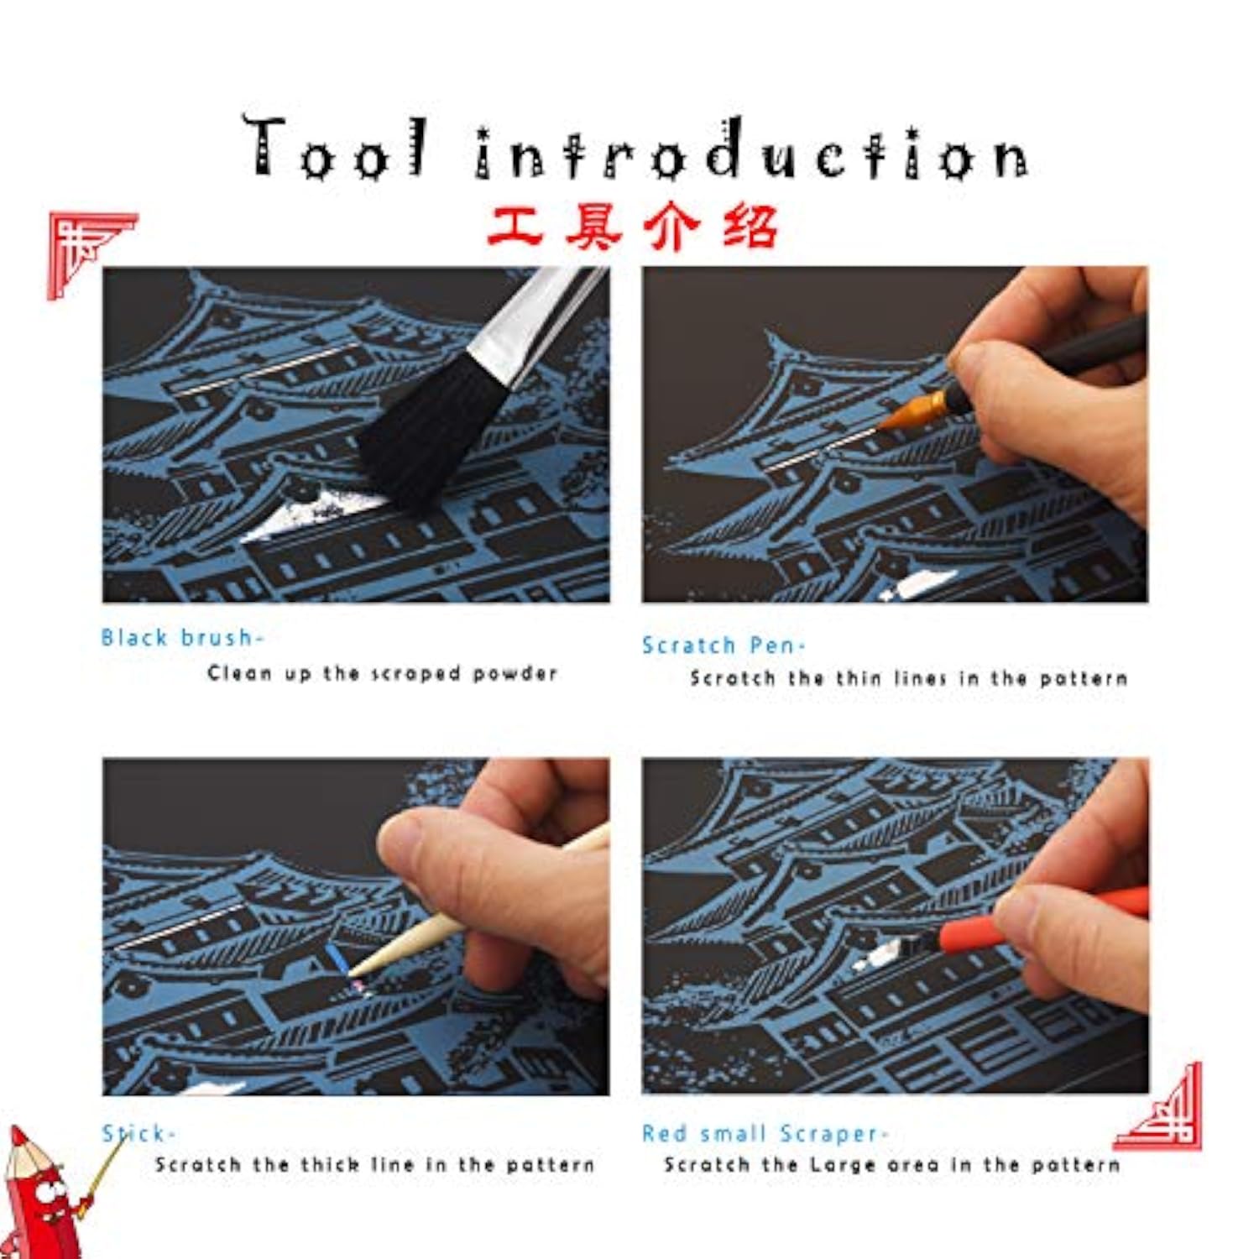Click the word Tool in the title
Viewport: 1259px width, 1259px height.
[x=336, y=147]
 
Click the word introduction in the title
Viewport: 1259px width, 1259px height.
[x=751, y=149]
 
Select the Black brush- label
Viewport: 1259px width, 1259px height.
[x=182, y=638]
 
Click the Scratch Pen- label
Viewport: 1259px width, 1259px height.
[x=724, y=645]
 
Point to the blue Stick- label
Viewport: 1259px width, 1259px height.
[x=138, y=1134]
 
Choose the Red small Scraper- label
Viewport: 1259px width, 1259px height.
[x=765, y=1134]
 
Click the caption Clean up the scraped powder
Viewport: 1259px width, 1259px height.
[x=383, y=673]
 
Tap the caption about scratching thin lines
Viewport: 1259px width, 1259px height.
[x=909, y=678]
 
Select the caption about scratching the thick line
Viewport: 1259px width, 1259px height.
[x=375, y=1165]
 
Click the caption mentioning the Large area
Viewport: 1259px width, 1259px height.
[x=892, y=1165]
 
